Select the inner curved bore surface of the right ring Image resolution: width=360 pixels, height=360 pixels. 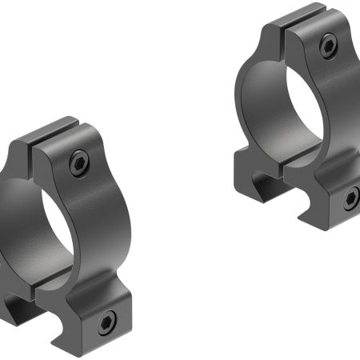pyautogui.click(x=260, y=96)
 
